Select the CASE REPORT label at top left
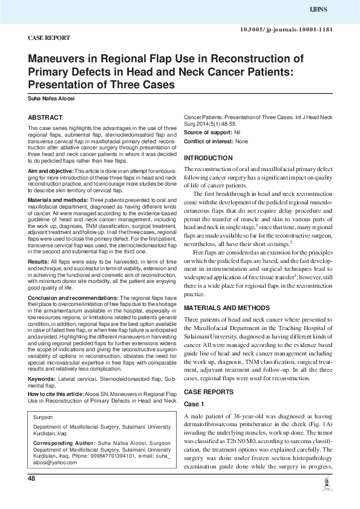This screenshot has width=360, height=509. [48, 38]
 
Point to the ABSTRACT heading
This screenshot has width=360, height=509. [45, 117]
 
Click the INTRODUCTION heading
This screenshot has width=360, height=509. [208, 158]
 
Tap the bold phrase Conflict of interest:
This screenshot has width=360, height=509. [208, 141]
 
